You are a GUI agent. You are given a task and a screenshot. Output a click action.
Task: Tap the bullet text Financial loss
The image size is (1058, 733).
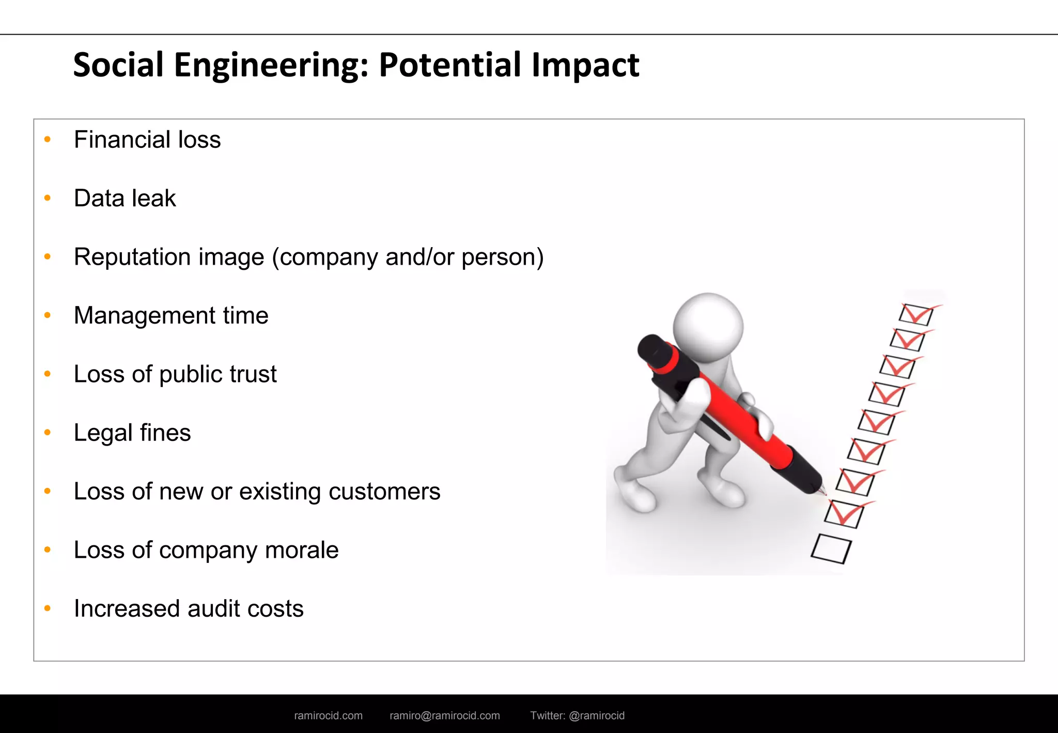147,140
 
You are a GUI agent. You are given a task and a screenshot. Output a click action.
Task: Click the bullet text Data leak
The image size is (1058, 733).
125,198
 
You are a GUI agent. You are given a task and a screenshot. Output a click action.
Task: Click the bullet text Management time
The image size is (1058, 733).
171,315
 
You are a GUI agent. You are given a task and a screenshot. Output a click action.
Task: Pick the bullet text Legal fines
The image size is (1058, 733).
132,433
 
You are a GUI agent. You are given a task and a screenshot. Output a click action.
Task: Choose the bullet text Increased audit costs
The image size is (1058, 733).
189,609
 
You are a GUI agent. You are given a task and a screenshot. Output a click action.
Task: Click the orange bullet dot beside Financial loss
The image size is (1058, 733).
48,139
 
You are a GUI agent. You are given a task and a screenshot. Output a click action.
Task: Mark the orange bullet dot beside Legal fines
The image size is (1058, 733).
48,432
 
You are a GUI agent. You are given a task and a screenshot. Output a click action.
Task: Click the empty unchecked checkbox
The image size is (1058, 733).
831,548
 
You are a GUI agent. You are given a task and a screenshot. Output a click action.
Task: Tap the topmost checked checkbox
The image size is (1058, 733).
916,314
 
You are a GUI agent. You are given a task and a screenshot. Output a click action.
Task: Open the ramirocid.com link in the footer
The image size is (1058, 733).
328,715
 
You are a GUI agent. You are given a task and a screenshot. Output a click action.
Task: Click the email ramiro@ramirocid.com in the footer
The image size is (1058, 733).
445,715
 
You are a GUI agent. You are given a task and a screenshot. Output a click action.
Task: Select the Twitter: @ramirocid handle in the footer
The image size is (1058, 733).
577,715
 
